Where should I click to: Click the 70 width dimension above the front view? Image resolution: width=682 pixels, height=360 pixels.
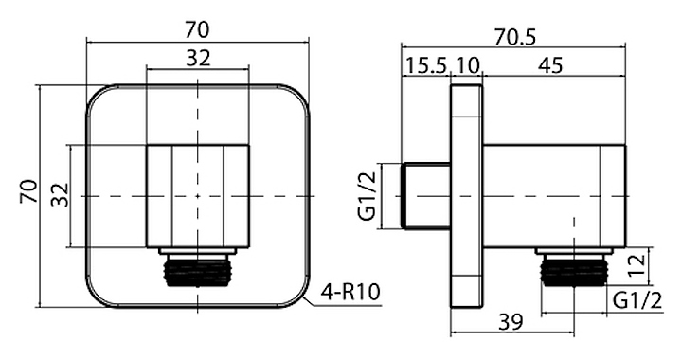pos(197,30)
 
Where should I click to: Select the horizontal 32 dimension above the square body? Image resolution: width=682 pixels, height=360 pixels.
pos(198,58)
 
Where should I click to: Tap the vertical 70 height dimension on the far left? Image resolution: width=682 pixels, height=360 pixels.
pos(28,190)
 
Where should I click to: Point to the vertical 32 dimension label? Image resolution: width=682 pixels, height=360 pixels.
pos(60,195)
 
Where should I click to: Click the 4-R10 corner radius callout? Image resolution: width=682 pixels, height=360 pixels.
pos(350,292)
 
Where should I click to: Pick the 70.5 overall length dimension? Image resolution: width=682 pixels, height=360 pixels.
pos(515,37)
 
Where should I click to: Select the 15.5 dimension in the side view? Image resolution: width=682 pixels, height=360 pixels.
pos(426,65)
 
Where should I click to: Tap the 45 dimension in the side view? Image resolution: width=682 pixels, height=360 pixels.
pos(550,65)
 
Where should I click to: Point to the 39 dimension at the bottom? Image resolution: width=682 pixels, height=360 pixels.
pos(511,322)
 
